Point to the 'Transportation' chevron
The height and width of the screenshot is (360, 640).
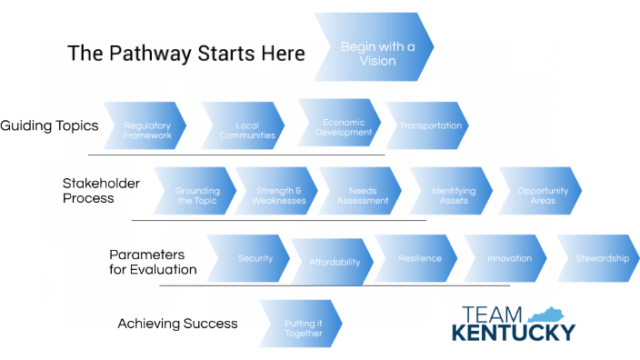pos(429,125)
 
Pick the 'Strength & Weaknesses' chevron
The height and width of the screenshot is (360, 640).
pos(276,195)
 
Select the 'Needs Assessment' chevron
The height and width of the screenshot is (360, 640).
pos(363,195)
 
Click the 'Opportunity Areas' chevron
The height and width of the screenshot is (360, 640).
pos(542,195)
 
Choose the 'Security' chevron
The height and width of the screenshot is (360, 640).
pos(252,258)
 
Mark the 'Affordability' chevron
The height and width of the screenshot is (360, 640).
pos(333,263)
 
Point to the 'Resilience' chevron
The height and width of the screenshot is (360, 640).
pos(419,258)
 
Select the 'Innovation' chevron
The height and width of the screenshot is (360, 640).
pos(508,258)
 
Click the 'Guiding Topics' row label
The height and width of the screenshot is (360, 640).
pos(49,125)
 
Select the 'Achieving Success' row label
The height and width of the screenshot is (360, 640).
pos(177,324)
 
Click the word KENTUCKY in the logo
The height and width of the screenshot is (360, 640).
pos(514,331)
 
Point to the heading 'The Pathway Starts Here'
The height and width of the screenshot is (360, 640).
pos(186,54)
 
